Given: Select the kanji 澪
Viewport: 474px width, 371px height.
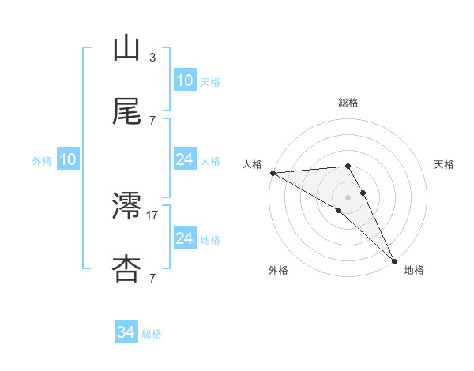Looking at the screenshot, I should click(x=126, y=206).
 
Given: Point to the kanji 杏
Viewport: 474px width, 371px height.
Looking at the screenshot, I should click(x=126, y=268).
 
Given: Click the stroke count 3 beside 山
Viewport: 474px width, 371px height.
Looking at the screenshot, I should click(x=152, y=58).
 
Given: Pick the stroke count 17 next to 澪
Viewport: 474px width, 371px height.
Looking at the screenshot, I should click(x=152, y=214).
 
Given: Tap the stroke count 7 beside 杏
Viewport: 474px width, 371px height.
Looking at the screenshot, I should click(x=152, y=277).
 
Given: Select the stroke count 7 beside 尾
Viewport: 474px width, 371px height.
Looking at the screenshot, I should click(x=152, y=120).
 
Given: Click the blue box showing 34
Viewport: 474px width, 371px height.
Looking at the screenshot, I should click(x=126, y=332).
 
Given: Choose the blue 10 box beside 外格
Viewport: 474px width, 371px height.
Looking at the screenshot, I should click(x=68, y=159).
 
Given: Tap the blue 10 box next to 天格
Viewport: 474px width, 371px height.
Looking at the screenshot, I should click(x=185, y=81).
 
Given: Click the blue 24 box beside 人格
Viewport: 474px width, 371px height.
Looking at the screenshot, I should click(x=185, y=159).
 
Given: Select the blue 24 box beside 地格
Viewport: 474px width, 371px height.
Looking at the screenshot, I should click(x=185, y=238).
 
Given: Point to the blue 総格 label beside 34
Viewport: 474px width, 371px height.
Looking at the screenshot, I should click(x=152, y=334).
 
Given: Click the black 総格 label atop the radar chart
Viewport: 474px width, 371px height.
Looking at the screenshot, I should click(x=348, y=103).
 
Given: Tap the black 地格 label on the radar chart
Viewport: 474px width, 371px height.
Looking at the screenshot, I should click(x=414, y=270).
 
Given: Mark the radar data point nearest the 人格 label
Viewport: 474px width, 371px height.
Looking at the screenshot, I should click(x=273, y=173).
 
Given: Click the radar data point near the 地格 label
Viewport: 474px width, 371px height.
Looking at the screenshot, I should click(x=394, y=260).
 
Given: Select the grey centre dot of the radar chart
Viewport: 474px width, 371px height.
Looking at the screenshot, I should click(x=348, y=197).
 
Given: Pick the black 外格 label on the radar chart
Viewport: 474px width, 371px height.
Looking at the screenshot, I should click(x=278, y=270).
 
